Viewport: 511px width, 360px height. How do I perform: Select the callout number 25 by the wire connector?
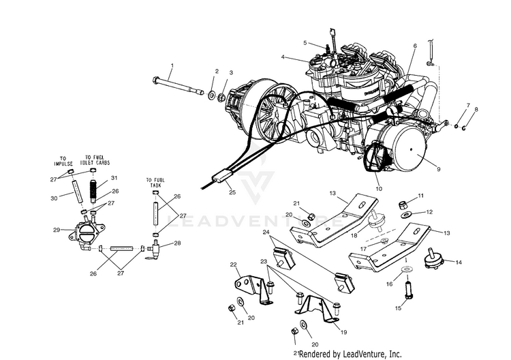pos(232,193)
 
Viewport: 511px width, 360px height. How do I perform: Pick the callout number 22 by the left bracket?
pos(233,265)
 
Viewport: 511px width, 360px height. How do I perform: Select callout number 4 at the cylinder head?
pos(283,58)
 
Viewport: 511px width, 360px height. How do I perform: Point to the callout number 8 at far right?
pos(476,109)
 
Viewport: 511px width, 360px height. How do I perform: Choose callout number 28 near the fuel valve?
pos(177,243)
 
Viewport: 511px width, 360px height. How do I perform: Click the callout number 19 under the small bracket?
pos(344,332)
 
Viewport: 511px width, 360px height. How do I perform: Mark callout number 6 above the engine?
pos(414,46)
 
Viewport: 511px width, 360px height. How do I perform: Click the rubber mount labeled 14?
pos(431,260)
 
